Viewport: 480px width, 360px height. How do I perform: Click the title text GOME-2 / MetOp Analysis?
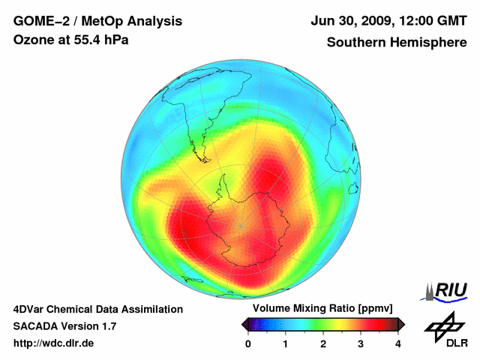click(86, 21)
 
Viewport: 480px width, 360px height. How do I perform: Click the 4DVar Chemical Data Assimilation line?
click(98, 309)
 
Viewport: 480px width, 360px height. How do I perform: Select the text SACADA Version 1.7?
click(64, 326)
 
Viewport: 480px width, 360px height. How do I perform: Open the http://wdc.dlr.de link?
click(54, 343)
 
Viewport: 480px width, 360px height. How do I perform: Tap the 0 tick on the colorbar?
click(248, 343)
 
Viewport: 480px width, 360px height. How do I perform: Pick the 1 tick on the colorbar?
click(286, 343)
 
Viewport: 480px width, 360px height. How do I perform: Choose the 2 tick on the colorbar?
click(323, 343)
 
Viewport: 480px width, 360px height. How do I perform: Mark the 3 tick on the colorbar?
click(361, 343)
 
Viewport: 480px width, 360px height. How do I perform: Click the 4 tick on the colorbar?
click(398, 343)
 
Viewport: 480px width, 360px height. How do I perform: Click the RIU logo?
click(447, 290)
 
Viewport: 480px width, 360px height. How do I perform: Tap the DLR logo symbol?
click(443, 325)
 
